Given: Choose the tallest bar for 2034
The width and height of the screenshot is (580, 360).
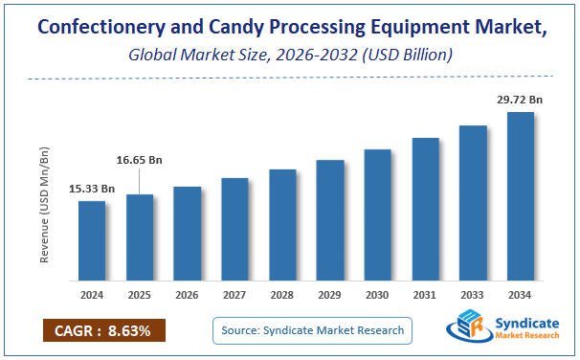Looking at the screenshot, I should [520, 197].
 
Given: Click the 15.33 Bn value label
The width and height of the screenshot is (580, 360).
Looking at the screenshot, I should [92, 189].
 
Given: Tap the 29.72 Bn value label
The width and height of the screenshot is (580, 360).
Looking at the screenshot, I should [519, 99].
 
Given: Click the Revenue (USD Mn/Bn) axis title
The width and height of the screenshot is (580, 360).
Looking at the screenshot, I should [44, 203].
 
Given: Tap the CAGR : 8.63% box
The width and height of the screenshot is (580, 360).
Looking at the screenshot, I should [103, 331].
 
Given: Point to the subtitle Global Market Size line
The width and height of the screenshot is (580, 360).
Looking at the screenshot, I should [290, 56].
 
